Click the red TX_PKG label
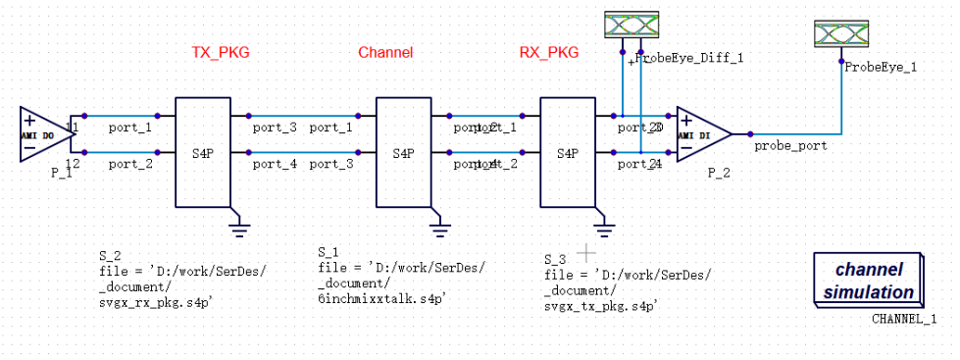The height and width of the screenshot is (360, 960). point(220,53)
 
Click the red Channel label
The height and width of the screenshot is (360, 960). point(385,53)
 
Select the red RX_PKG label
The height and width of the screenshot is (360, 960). point(548,53)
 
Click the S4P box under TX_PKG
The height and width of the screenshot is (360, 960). point(202,153)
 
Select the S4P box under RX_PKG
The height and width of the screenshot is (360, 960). point(568,153)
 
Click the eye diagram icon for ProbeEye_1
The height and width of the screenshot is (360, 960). point(843,35)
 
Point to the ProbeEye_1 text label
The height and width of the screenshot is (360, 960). point(881,67)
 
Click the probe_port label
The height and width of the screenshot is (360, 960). point(790,145)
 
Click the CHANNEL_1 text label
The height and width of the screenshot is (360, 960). point(904,319)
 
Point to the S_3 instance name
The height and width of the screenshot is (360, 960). point(555,260)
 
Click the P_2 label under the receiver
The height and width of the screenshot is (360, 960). point(720,172)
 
